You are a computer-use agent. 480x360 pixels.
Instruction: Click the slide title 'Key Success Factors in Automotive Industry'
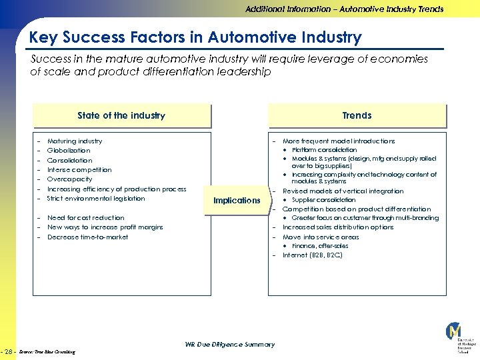(x=195, y=37)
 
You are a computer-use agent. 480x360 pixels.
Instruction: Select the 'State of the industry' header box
(x=121, y=115)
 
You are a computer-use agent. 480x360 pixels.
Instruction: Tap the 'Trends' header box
(x=357, y=115)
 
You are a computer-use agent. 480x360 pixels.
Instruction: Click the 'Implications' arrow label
(x=237, y=201)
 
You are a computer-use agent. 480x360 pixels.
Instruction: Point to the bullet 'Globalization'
(x=69, y=151)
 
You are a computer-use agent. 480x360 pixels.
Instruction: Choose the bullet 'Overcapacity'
(x=69, y=179)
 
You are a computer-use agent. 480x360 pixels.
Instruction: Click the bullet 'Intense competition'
(x=79, y=170)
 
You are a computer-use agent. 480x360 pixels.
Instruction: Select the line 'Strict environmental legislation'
(x=95, y=199)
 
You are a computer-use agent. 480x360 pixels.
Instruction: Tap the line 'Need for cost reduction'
(x=85, y=218)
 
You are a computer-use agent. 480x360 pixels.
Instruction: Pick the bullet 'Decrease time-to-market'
(x=87, y=237)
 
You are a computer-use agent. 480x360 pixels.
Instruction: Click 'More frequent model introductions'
(x=339, y=141)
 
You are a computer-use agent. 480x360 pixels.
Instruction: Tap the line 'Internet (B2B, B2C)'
(x=313, y=255)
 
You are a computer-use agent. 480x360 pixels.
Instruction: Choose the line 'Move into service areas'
(x=321, y=237)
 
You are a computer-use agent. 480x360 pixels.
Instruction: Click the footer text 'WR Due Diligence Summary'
(x=229, y=345)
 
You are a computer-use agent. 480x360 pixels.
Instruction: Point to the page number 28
(x=9, y=351)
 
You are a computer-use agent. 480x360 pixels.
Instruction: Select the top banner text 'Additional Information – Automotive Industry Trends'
(x=344, y=9)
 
